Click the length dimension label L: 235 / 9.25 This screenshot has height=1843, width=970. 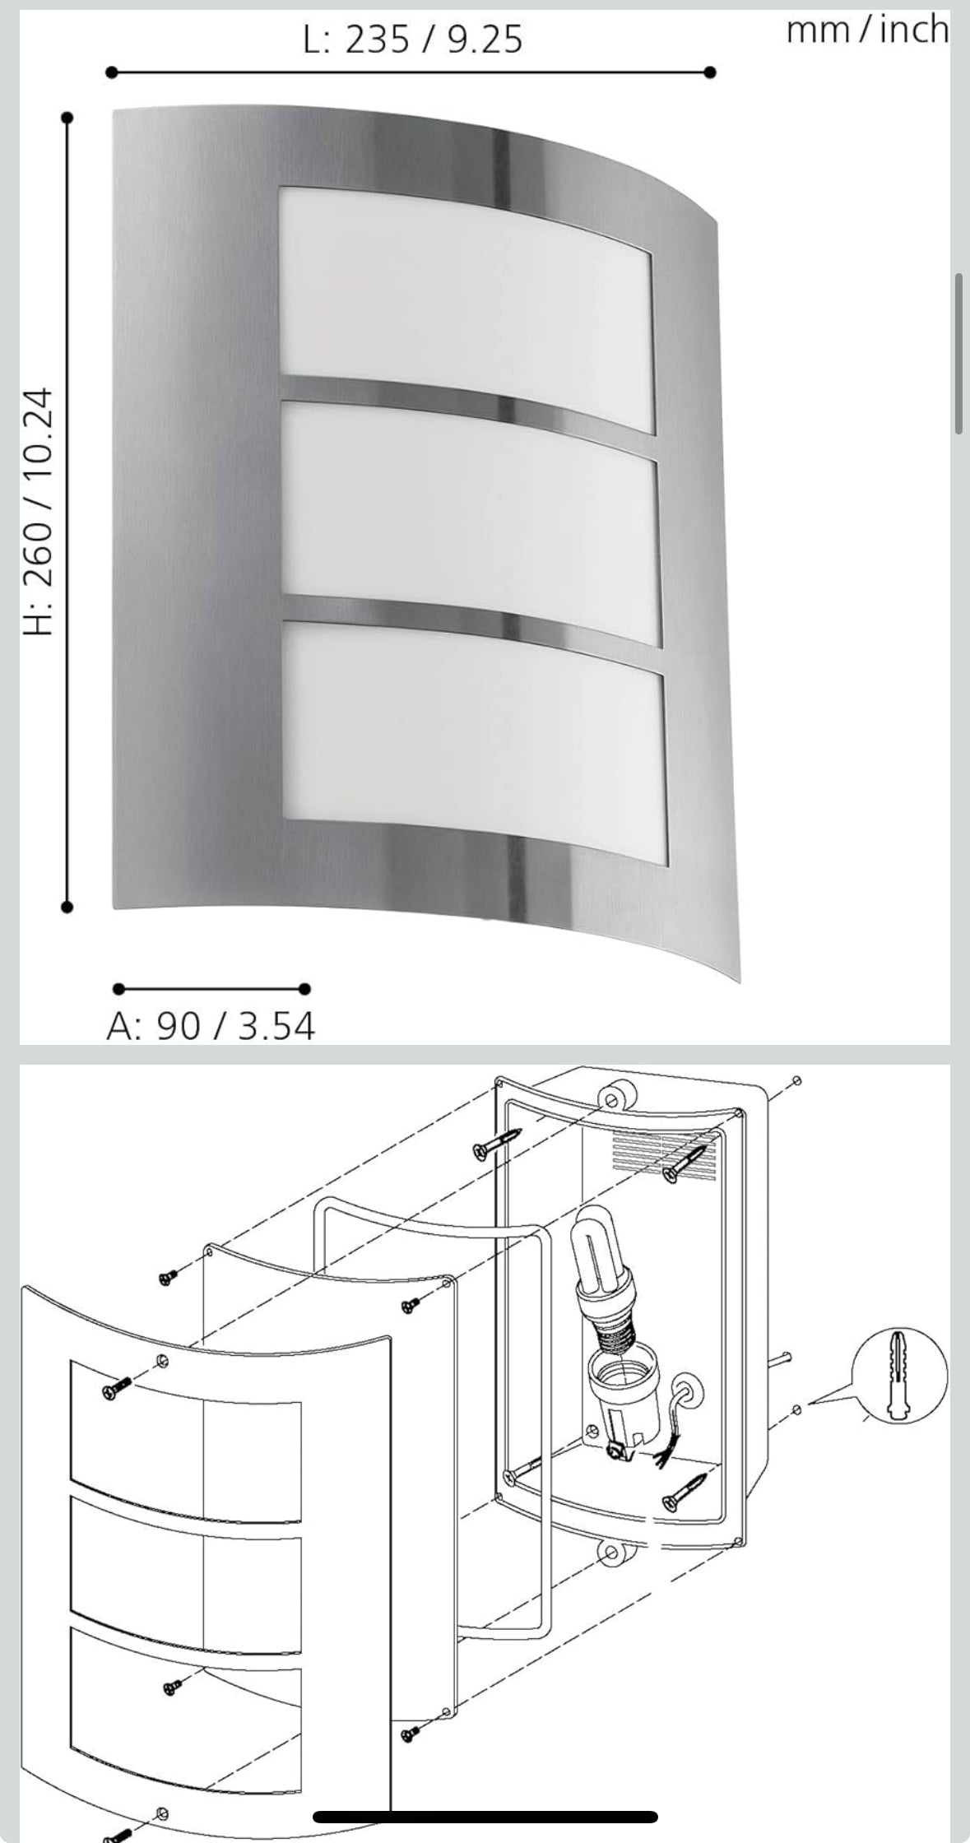tap(412, 39)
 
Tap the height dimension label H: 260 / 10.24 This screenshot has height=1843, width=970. tap(39, 512)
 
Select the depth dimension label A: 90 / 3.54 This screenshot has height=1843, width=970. tap(211, 1026)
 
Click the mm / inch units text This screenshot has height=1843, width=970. tap(867, 30)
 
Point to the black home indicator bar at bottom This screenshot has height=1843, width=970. tap(485, 1817)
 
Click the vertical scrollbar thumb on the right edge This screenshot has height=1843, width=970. tap(958, 354)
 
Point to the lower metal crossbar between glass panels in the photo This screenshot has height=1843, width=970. tap(473, 617)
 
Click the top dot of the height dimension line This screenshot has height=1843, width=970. tap(67, 118)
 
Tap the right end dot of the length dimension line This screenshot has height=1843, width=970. tap(711, 72)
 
